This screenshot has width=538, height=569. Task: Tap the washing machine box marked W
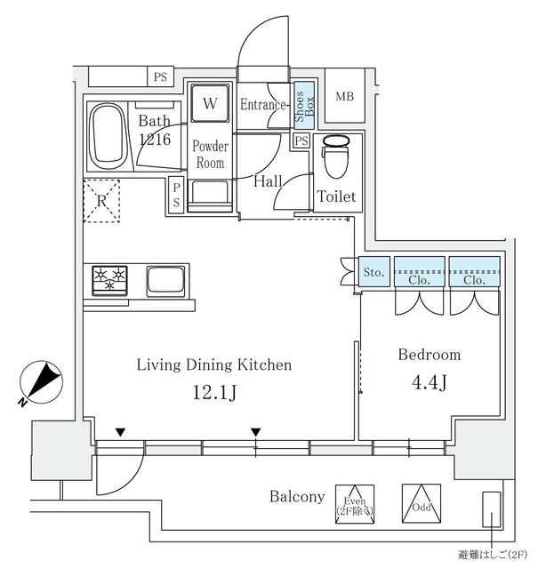pos(210,104)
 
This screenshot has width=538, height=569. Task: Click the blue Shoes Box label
pos(304,105)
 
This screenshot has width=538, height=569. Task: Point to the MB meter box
pos(343,96)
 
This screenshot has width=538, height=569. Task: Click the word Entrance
pos(263,105)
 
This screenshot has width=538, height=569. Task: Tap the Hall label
pos(267,181)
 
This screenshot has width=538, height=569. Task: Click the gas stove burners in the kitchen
pos(111,280)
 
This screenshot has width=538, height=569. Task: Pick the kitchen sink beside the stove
pos(166,281)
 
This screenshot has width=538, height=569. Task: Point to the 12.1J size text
pos(213,393)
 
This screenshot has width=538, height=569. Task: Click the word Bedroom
pos(429,355)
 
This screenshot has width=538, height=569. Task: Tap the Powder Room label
pos(211,155)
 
